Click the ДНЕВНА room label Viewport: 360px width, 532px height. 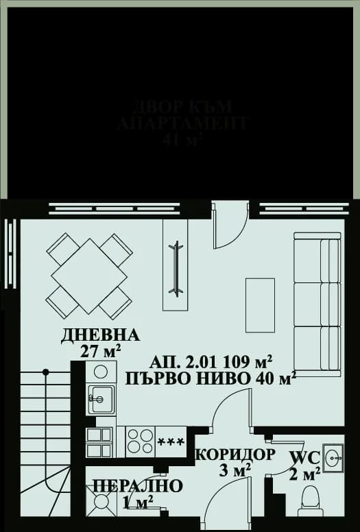100,335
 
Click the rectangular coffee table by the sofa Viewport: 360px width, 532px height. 260,304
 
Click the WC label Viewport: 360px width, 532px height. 304,457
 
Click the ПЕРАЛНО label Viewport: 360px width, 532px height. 138,487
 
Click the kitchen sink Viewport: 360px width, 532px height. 101,398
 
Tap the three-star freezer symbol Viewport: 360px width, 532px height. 171,439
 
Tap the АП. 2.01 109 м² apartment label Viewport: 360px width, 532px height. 211,360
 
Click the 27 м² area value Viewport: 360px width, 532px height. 101,352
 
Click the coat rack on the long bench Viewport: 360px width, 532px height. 176,268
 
